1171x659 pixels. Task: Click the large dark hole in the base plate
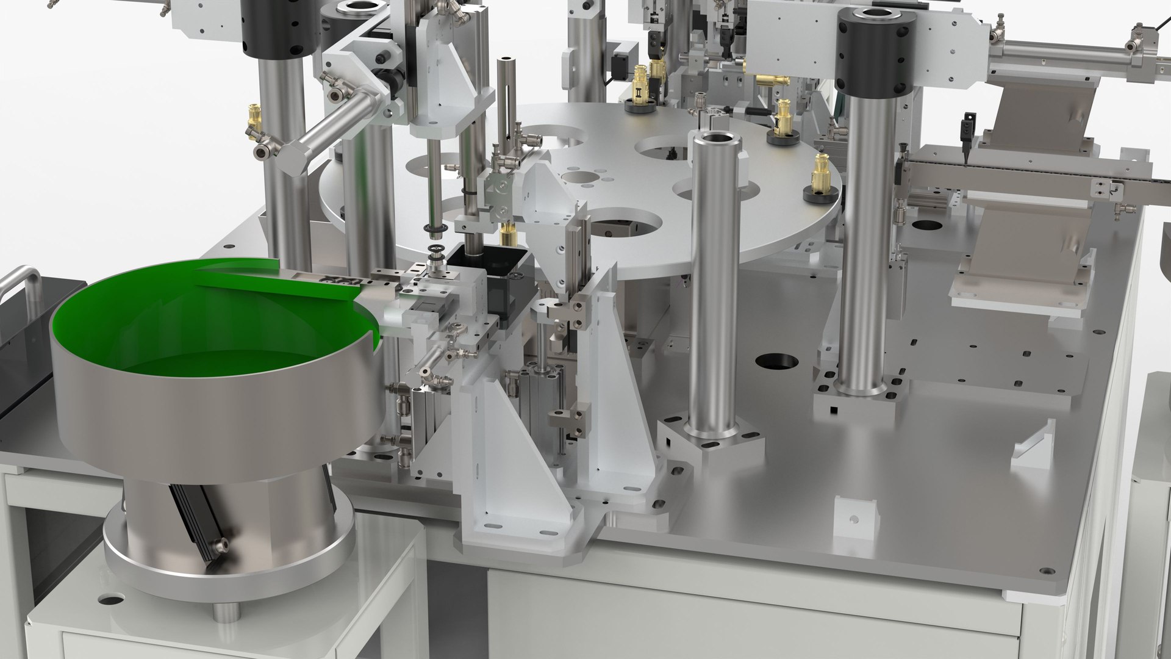(777, 361)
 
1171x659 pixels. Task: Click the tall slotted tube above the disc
(506, 104)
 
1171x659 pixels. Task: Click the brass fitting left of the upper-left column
(252, 119)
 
